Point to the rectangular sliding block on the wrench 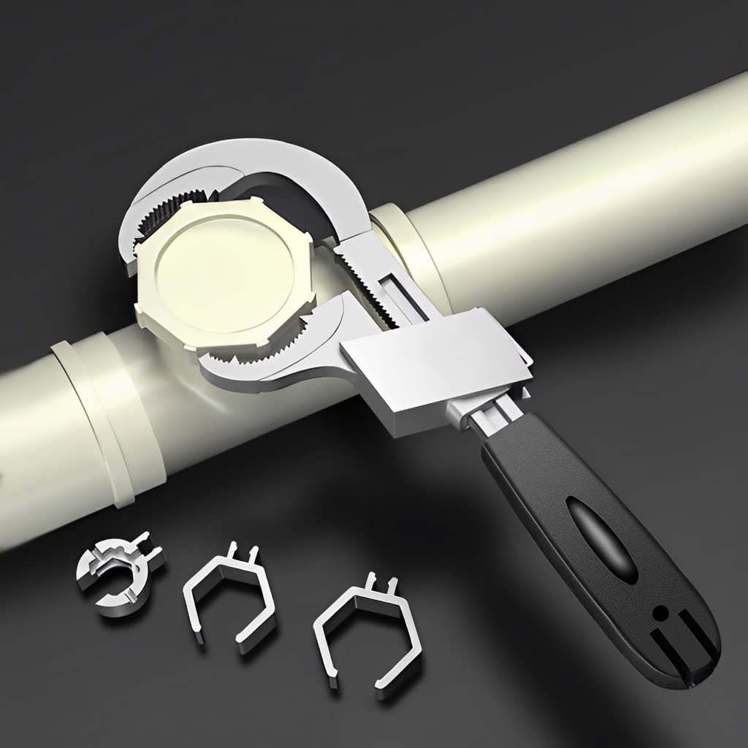pos(431,365)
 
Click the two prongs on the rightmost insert pos(383,583)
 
